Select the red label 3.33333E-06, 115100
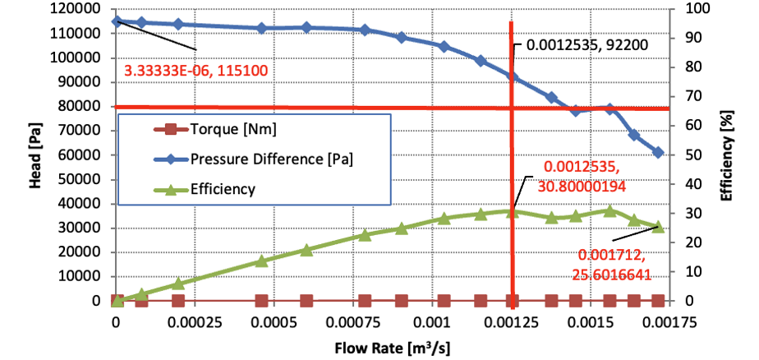[x=197, y=71]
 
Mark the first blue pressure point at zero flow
[x=117, y=21]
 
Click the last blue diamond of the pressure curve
[x=658, y=152]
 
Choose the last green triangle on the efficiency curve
[x=658, y=226]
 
